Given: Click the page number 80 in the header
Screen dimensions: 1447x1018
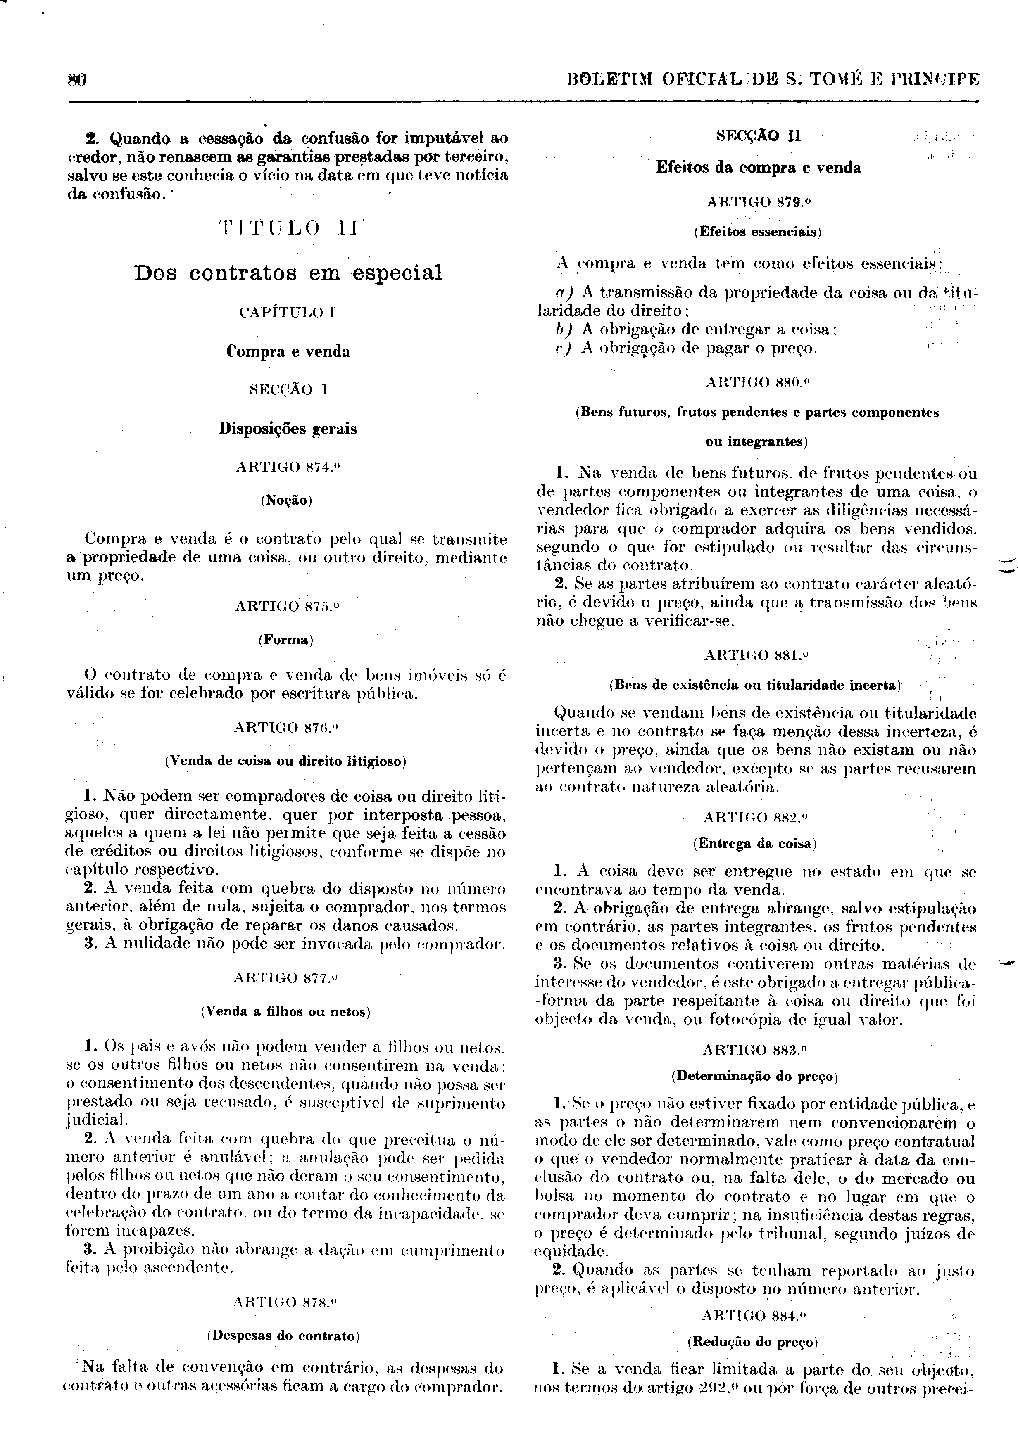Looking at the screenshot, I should [76, 80].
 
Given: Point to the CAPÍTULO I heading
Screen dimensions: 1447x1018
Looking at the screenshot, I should [288, 312].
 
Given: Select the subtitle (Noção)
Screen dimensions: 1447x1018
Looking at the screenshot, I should [287, 501].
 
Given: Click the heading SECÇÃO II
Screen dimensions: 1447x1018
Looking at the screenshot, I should [758, 136].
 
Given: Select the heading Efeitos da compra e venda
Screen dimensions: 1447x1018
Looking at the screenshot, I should [758, 168].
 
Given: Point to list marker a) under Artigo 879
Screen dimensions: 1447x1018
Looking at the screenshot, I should [562, 292].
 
